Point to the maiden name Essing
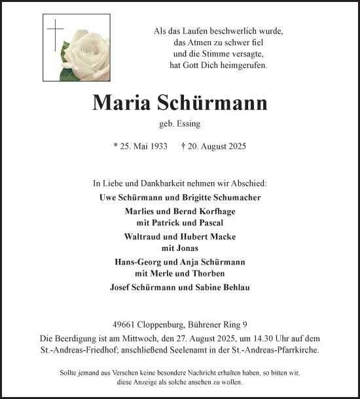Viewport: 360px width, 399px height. coord(189,123)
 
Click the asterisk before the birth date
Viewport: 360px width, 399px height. coord(115,146)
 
